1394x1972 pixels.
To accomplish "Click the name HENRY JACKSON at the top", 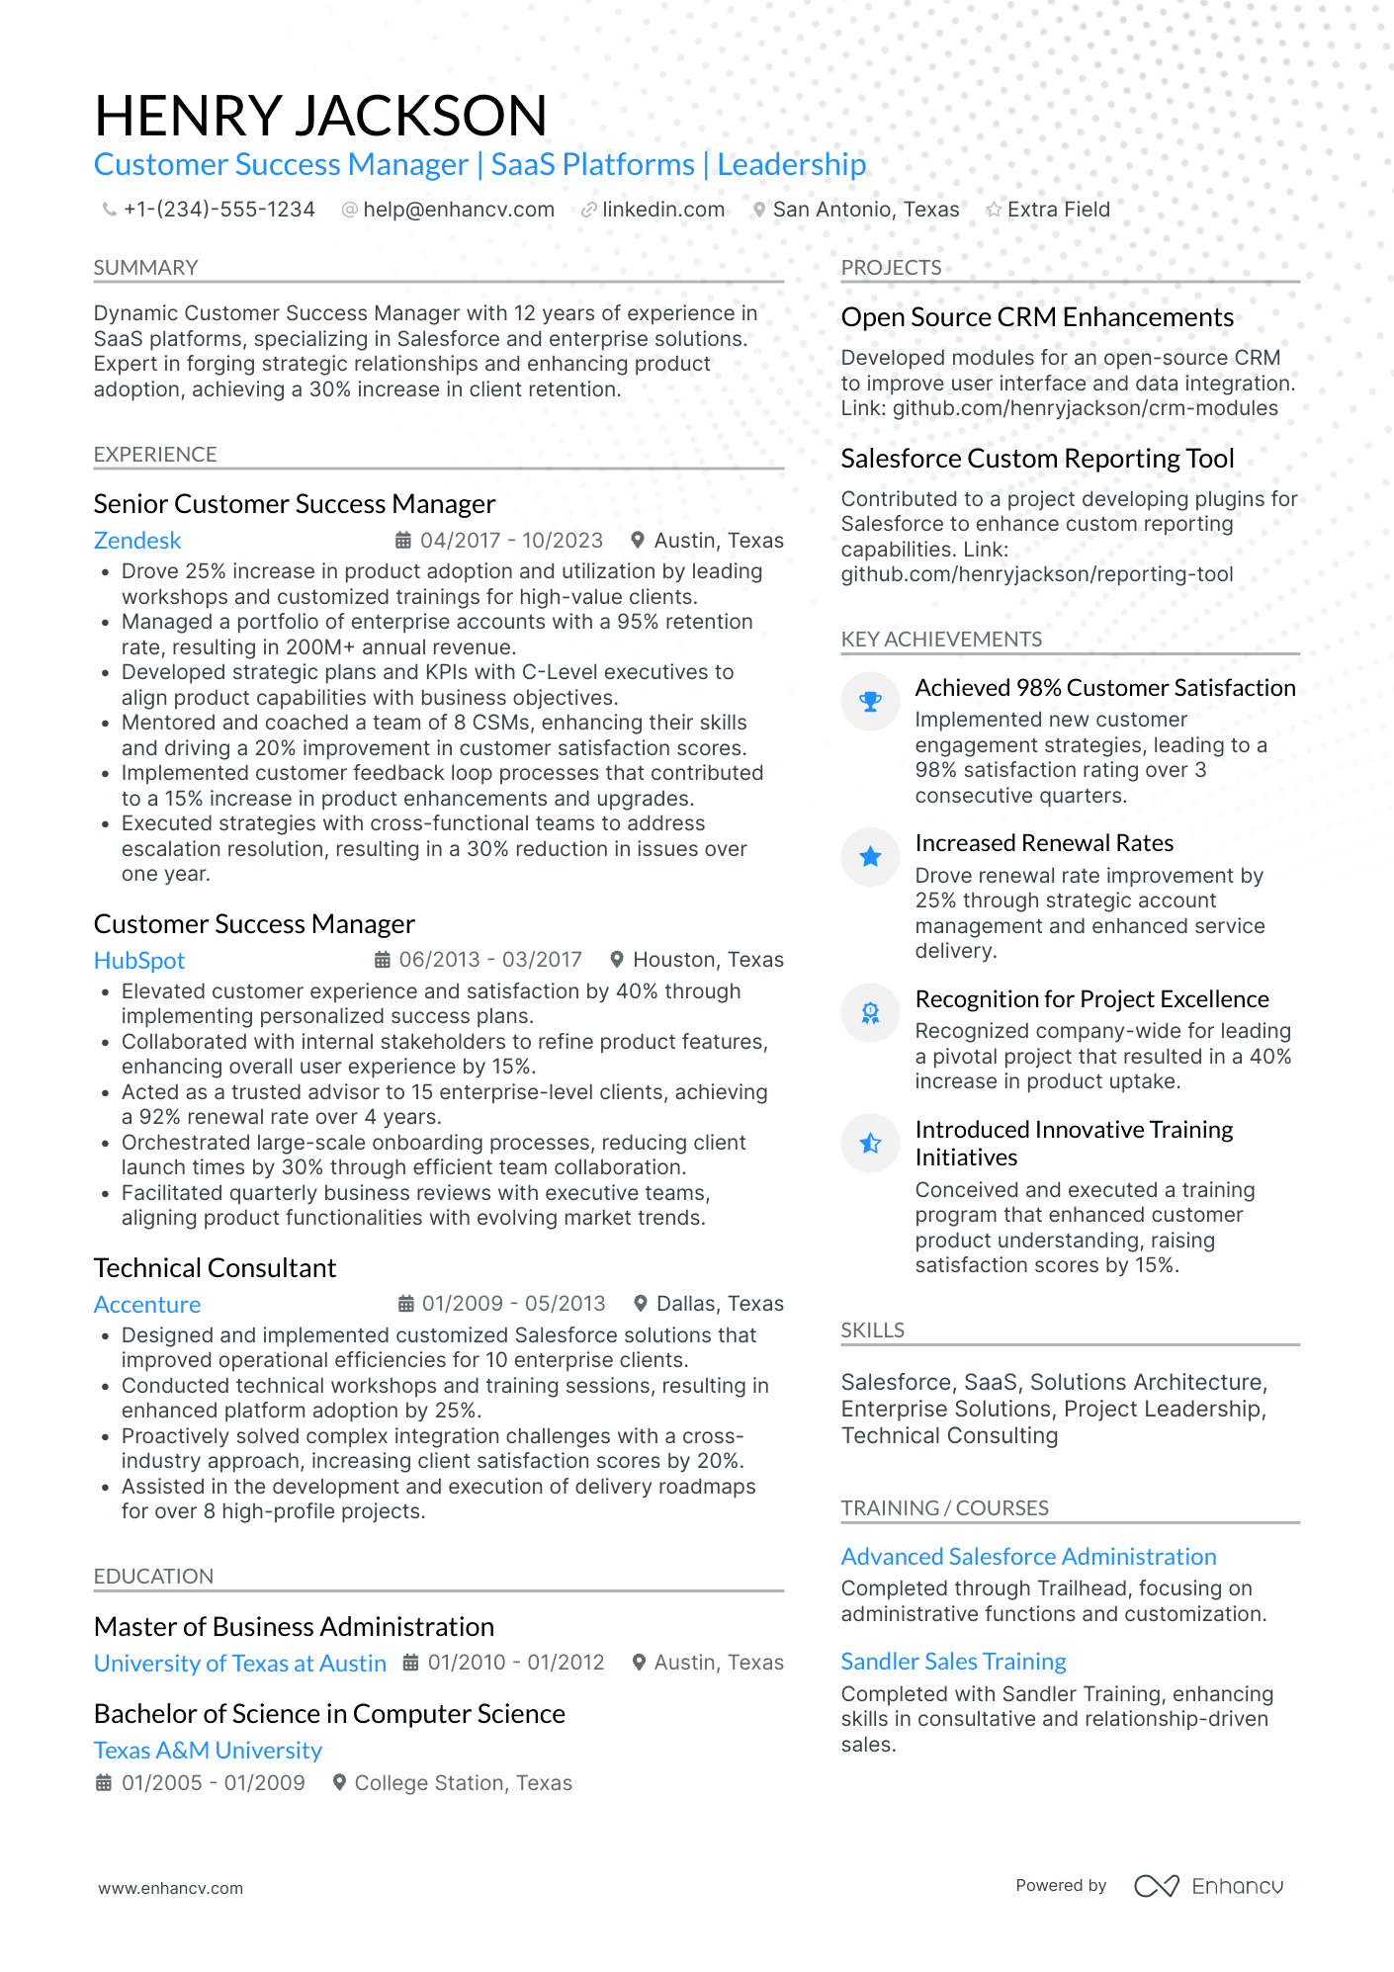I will (320, 116).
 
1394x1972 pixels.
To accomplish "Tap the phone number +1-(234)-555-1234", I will (218, 210).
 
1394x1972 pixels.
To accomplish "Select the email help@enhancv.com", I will (458, 210).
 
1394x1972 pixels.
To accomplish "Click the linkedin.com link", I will (662, 210).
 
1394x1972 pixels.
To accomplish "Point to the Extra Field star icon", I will (994, 210).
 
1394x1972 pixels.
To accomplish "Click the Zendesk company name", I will (137, 541).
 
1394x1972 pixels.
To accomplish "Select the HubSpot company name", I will (139, 961).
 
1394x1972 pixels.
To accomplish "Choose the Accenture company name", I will (147, 1305).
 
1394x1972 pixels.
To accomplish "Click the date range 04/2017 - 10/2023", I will (511, 541).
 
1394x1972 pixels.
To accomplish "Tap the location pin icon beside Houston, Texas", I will (617, 960).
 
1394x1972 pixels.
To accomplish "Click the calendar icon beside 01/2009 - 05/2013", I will (405, 1304).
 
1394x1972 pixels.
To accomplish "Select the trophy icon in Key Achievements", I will (870, 702).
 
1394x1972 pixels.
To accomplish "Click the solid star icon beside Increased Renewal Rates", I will (870, 857).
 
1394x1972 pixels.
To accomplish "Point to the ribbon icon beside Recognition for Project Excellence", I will (870, 1013).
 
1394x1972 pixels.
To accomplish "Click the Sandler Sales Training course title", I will (953, 1662).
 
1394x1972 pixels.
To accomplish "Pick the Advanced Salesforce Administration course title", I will (1028, 1557).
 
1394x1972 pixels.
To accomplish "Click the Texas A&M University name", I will (208, 1751).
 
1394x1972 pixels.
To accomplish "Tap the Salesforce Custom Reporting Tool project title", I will (1037, 459).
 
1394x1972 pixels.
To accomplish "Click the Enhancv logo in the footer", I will (1208, 1886).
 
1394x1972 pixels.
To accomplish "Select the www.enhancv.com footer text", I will (170, 1888).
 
